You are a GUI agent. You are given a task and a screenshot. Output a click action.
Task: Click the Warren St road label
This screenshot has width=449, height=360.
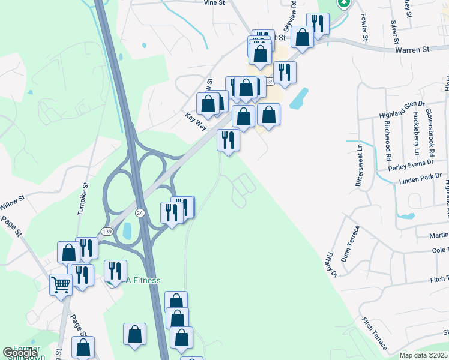414,50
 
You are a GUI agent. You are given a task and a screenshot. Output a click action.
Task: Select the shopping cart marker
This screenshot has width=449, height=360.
61,284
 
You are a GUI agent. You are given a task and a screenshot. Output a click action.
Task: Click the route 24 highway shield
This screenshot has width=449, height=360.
140,213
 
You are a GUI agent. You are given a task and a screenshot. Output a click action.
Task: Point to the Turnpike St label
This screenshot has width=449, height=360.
82,199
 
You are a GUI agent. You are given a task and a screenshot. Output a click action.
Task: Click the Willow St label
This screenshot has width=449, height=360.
13,199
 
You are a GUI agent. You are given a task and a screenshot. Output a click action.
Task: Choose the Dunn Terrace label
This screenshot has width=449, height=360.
349,243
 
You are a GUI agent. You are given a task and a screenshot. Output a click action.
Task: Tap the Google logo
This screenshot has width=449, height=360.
20,353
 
